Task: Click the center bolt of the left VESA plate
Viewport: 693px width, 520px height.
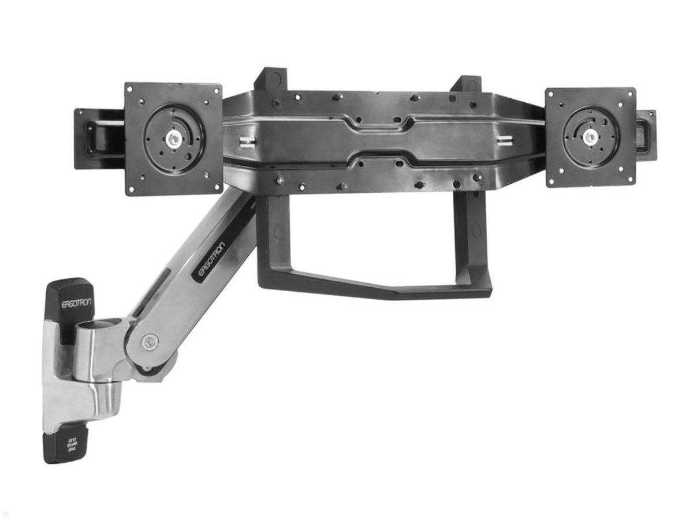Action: click(173, 139)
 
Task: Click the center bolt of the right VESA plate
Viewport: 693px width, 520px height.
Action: click(590, 138)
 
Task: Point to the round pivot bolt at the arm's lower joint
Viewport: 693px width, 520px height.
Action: click(151, 341)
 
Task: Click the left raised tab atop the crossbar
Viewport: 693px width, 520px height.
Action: click(270, 79)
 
